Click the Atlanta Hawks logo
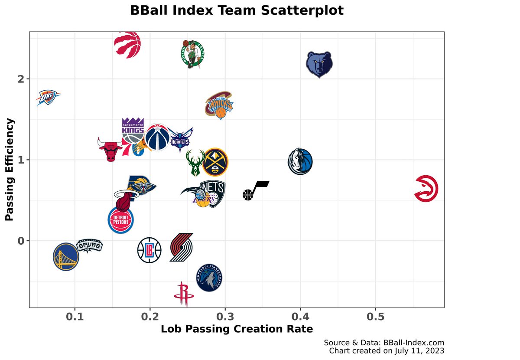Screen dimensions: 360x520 426,189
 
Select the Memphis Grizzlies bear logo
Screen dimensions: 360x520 319,65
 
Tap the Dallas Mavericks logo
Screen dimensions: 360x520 300,161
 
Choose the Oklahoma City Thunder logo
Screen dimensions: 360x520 47,98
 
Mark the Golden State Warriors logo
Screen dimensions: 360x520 66,256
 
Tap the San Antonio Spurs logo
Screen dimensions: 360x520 90,246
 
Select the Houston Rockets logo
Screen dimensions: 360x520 184,294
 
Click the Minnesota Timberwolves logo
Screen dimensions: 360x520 210,278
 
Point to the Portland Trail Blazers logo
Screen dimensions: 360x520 181,248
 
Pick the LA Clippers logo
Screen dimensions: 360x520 149,250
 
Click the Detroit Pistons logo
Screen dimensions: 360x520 120,220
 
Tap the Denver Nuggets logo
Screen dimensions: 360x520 215,161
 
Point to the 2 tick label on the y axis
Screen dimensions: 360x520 21,79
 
